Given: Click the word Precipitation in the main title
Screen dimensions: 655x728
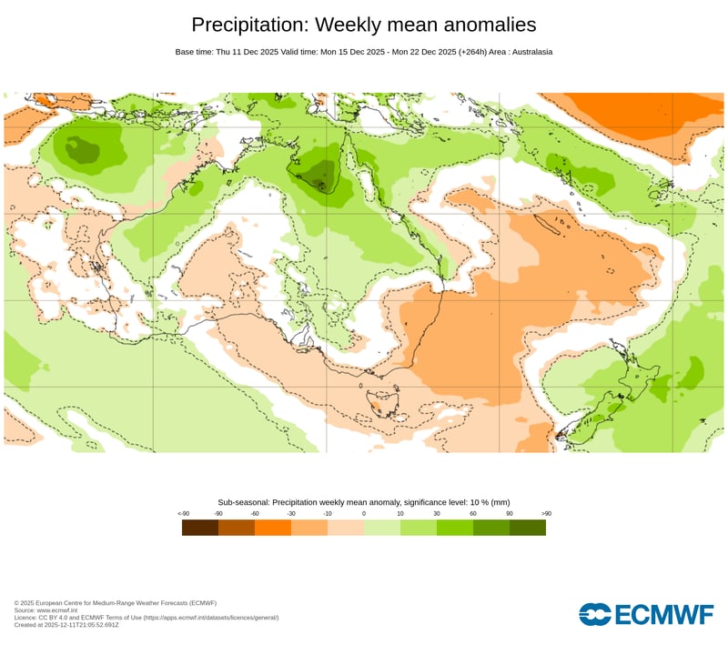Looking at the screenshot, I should (x=248, y=25).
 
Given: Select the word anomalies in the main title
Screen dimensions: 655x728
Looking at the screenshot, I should (x=480, y=25).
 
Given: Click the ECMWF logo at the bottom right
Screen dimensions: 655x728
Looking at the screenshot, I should (x=646, y=614).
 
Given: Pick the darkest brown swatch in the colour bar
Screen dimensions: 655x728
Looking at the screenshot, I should (x=200, y=528).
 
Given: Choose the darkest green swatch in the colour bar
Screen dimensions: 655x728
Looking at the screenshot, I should (x=528, y=528).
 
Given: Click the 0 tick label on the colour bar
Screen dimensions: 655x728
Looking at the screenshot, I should (x=364, y=514).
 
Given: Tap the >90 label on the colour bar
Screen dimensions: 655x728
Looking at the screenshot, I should (x=546, y=514).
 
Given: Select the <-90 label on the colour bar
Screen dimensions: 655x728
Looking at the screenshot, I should (x=183, y=514).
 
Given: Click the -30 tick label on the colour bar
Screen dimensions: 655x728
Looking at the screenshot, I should (x=291, y=514).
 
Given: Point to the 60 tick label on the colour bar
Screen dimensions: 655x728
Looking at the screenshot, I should (x=473, y=514).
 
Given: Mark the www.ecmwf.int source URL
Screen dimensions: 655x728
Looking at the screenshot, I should (x=58, y=610).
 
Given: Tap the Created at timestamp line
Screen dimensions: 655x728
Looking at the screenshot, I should (x=79, y=625).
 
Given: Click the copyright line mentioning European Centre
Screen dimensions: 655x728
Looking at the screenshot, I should (x=116, y=603).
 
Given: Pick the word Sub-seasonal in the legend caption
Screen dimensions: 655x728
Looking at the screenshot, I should (x=244, y=502).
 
